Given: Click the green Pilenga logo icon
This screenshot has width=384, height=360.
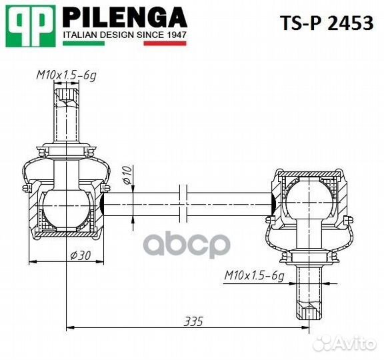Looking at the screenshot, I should pyautogui.click(x=29, y=25).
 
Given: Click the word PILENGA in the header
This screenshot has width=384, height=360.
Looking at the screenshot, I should pyautogui.click(x=125, y=16).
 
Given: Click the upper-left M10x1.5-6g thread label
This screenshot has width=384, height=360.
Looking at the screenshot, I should pyautogui.click(x=65, y=75).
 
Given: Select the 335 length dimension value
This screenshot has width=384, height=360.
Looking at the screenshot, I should pyautogui.click(x=193, y=321).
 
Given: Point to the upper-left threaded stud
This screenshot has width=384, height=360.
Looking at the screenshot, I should pyautogui.click(x=66, y=113).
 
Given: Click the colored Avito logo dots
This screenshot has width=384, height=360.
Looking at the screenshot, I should pyautogui.click(x=323, y=342).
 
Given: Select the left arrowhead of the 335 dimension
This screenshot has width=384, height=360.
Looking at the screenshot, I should pyautogui.click(x=71, y=327).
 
